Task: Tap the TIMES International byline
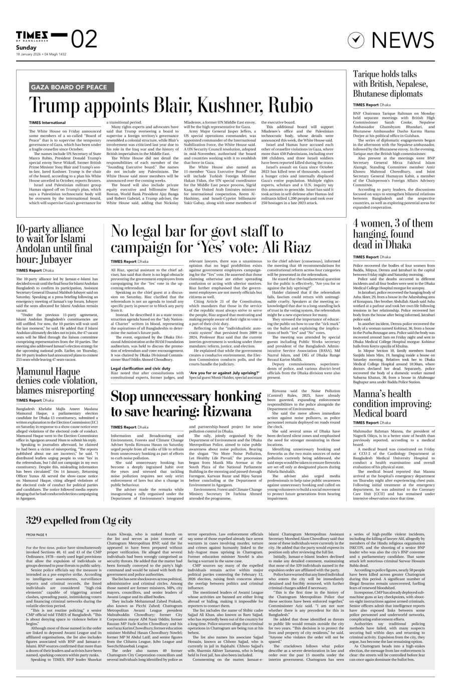[47, 122]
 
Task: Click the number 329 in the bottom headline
[37, 521]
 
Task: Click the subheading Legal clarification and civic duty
[140, 354]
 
